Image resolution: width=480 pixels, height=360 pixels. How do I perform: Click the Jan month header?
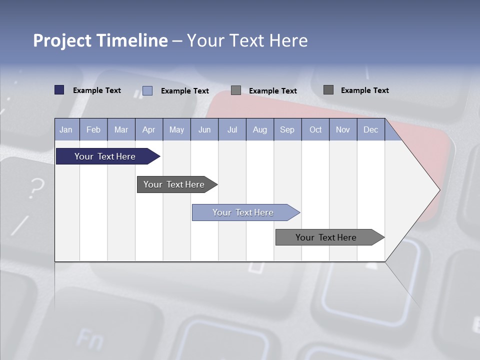[66, 129]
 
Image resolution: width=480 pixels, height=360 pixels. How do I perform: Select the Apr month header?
[149, 129]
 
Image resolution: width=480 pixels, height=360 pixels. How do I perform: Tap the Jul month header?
[232, 129]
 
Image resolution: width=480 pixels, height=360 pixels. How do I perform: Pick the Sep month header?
[287, 129]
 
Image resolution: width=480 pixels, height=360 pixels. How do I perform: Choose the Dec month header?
[370, 129]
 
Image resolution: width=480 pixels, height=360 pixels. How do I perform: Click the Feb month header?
[93, 129]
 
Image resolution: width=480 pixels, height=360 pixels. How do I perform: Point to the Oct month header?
[315, 129]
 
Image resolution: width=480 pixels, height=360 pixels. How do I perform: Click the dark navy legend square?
[59, 90]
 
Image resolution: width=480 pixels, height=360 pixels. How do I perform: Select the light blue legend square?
[147, 90]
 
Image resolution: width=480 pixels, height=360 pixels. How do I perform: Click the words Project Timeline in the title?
[100, 40]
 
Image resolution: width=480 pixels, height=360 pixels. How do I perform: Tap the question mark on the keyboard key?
[35, 188]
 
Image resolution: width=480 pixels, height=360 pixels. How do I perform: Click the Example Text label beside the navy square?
[97, 90]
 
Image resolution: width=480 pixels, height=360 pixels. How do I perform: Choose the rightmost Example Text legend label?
[364, 90]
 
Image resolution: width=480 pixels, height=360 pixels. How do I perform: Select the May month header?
[176, 129]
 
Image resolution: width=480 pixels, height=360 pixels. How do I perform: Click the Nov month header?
[343, 129]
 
